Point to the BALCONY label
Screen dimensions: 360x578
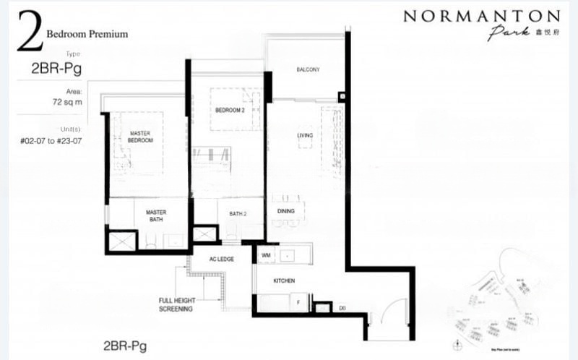pos(308,69)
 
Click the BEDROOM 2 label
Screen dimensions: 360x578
pos(229,110)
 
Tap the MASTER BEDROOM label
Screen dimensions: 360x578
pos(141,137)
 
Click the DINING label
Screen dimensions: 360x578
pos(286,211)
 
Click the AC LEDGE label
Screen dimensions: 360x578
pos(217,260)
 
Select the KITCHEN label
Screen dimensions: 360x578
pos(283,280)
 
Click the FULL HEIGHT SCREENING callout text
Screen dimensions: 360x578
pos(176,304)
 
